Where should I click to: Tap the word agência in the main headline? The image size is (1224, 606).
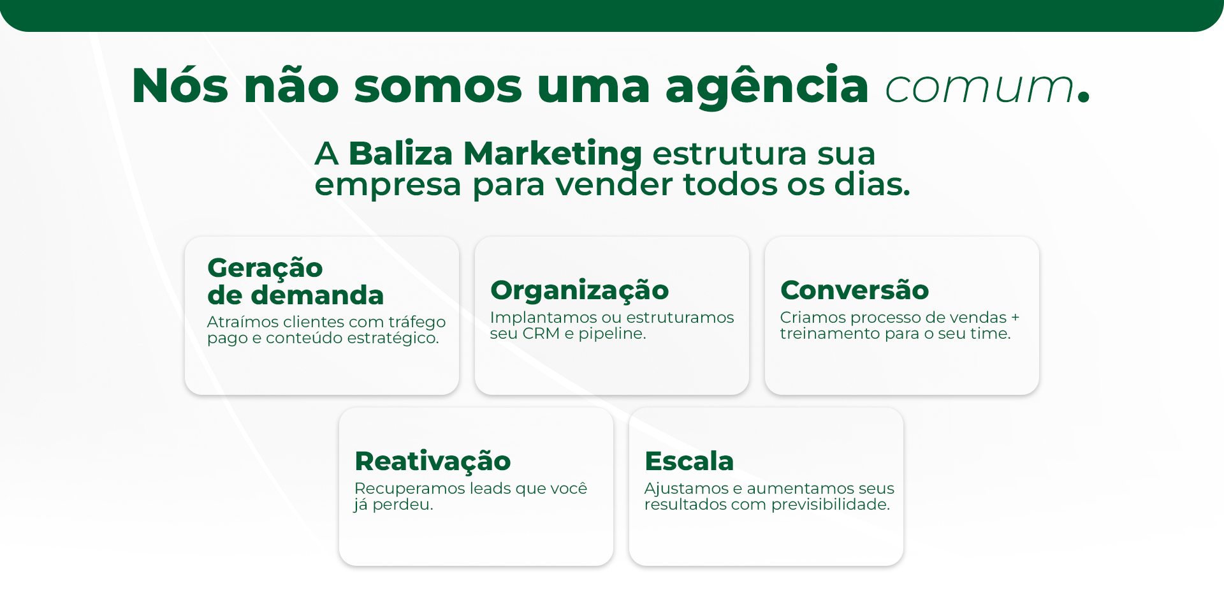point(767,87)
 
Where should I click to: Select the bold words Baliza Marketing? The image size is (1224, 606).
point(495,154)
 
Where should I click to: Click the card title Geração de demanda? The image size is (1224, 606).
point(296,281)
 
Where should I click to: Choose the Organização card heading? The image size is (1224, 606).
point(579,291)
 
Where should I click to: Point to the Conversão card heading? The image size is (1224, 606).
point(854,290)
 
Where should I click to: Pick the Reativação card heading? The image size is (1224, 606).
point(433,462)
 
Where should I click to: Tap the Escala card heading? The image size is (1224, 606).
point(689,461)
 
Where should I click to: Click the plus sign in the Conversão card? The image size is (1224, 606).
point(1015,318)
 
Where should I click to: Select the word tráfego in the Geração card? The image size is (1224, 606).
point(417,322)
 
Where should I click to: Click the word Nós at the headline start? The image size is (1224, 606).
point(180,85)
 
